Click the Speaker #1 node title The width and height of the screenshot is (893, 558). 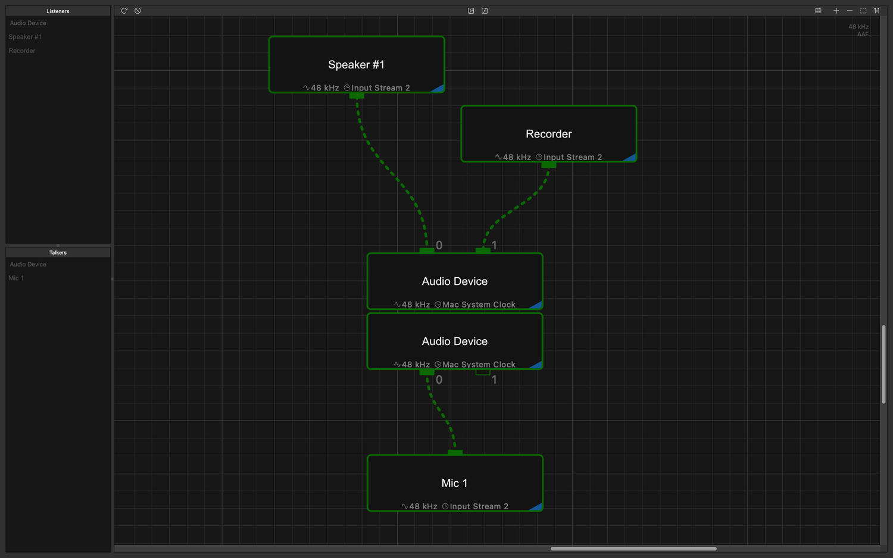(x=356, y=64)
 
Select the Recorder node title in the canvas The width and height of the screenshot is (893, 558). (x=548, y=134)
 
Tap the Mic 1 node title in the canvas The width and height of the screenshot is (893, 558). (x=454, y=483)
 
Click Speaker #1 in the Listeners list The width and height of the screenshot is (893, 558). (x=25, y=37)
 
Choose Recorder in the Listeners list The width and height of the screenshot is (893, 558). (x=22, y=51)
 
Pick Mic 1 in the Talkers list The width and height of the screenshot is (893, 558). (x=16, y=278)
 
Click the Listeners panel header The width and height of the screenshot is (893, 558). (x=58, y=11)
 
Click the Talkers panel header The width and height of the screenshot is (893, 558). (x=58, y=252)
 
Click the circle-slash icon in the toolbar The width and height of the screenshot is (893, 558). (x=138, y=11)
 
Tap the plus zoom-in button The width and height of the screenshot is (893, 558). (x=836, y=11)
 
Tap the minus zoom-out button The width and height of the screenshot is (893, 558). (x=850, y=11)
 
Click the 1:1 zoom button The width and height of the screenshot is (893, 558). (x=876, y=11)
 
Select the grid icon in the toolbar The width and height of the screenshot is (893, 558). (x=818, y=11)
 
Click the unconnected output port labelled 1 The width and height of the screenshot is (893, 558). (x=483, y=372)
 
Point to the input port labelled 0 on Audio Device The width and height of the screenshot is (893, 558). (x=427, y=250)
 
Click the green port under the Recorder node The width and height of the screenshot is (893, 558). (x=548, y=165)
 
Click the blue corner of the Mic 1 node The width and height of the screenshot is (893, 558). (x=537, y=507)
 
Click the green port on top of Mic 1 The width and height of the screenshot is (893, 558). (x=455, y=453)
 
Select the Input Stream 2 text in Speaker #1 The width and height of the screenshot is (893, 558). (x=381, y=88)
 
